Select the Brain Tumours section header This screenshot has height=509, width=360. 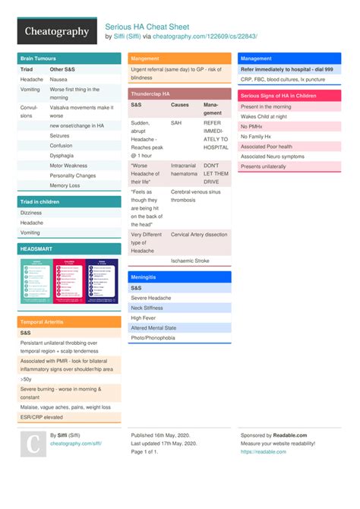tap(38, 58)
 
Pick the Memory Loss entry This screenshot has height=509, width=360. tap(65, 185)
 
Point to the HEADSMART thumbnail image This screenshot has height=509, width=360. tap(69, 281)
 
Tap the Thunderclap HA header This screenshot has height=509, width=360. tap(150, 93)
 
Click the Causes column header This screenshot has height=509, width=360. tap(180, 104)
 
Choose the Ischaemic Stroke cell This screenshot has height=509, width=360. tap(190, 261)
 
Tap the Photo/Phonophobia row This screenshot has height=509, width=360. tap(153, 337)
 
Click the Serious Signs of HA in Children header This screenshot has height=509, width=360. tap(278, 96)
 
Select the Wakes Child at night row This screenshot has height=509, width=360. tap(264, 116)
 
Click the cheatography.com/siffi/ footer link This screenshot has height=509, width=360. tap(75, 443)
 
